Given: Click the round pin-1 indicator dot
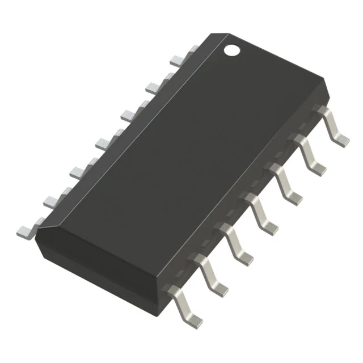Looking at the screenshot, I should [231, 49].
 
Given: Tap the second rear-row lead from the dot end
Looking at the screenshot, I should [156, 85].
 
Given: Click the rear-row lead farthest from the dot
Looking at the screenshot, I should [26, 230].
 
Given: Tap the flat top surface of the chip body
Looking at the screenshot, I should [187, 147].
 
